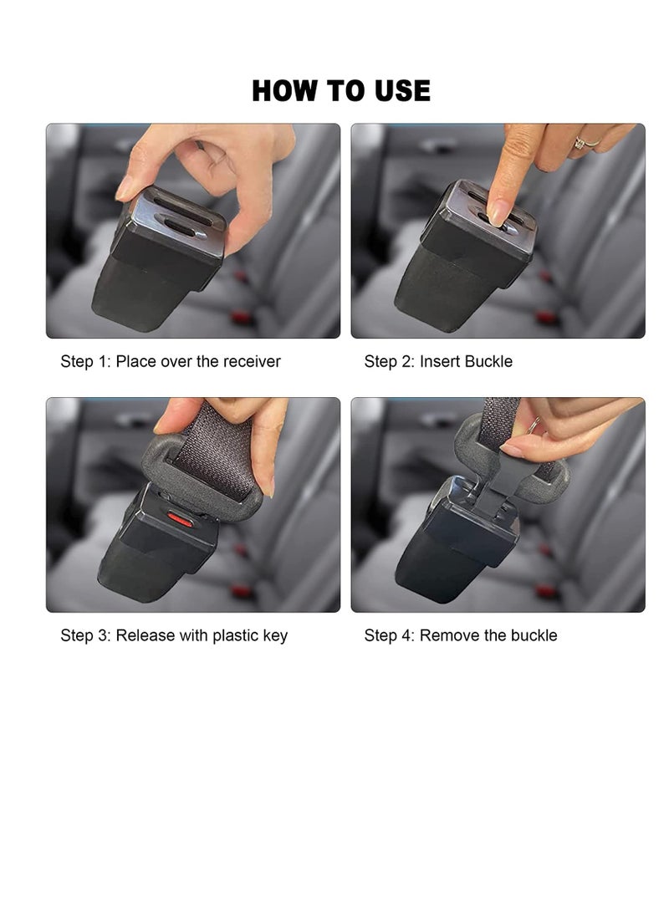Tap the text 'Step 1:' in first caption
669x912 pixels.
coord(85,362)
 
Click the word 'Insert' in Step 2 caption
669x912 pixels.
coord(440,362)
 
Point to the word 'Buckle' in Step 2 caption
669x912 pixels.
coord(489,362)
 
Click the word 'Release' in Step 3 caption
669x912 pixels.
coord(146,635)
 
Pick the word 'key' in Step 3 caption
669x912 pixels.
coord(275,635)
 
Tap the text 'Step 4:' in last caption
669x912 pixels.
coord(389,635)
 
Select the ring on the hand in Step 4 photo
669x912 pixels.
coord(533,426)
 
